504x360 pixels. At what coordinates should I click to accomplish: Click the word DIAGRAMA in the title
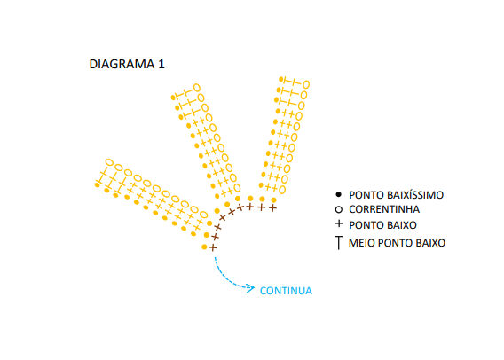point(122,64)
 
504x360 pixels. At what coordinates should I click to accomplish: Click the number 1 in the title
point(161,64)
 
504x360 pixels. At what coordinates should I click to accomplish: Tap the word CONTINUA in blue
point(286,291)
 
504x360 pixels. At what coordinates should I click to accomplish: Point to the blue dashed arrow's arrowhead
point(251,288)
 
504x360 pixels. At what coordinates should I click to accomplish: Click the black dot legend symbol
point(338,194)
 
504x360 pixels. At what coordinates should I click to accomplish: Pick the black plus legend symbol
point(339,223)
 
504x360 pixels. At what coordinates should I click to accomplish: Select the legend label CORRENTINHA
point(384,209)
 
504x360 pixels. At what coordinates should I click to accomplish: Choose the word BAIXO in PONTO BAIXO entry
point(402,225)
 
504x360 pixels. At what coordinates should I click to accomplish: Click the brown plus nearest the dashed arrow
point(213,247)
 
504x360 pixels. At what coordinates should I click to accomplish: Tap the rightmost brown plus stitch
point(272,208)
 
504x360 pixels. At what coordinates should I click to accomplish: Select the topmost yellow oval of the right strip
point(305,84)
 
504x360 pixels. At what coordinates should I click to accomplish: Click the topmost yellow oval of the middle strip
point(197,88)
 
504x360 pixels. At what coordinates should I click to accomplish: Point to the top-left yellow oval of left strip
point(109,162)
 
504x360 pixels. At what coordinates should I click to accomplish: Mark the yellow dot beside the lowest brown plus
point(204,247)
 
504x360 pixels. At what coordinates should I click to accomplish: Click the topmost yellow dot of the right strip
point(281,79)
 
